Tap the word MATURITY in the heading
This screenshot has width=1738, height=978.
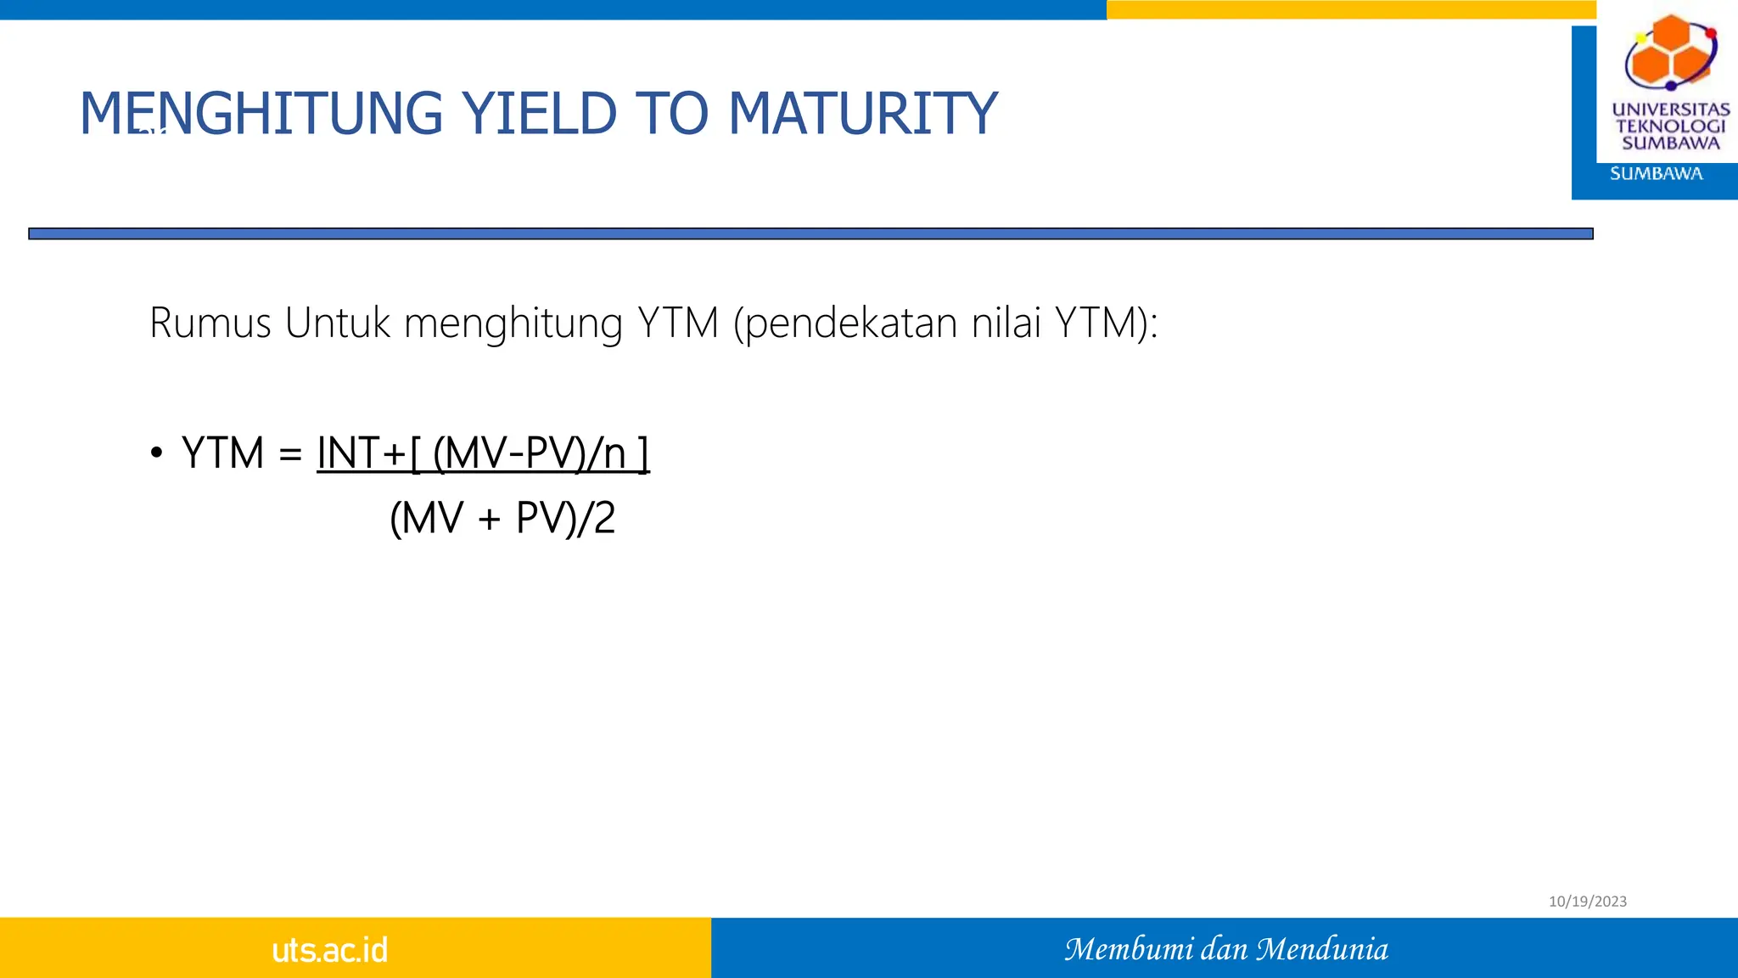point(862,114)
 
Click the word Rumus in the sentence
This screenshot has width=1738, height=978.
point(210,323)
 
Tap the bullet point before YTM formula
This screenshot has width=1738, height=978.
point(156,453)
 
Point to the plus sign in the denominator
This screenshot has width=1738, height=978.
point(490,519)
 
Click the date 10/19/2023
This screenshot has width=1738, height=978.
point(1587,902)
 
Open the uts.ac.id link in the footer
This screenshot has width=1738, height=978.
point(329,950)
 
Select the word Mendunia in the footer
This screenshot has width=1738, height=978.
point(1322,949)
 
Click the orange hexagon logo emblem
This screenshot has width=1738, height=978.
point(1670,51)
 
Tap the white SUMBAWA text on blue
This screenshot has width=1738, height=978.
point(1656,174)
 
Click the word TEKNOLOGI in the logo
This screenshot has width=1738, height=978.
point(1670,126)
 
